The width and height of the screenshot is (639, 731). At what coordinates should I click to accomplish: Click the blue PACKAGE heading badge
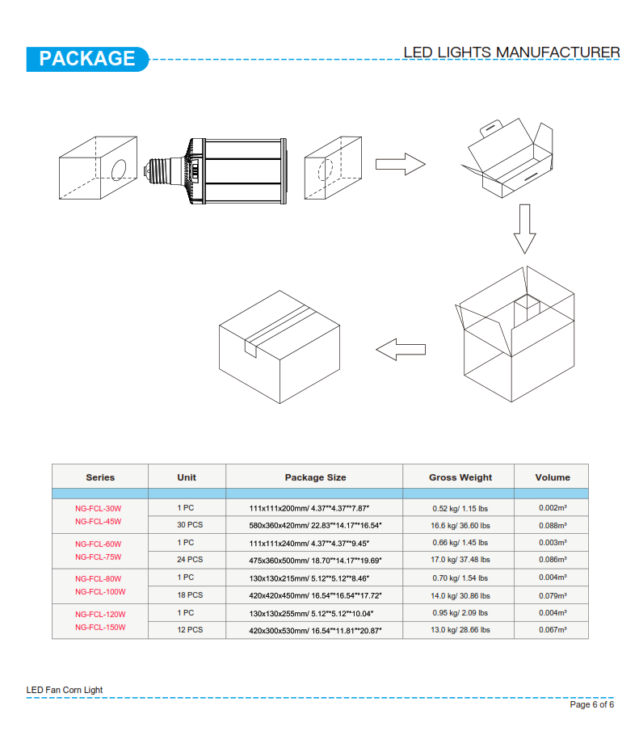(87, 59)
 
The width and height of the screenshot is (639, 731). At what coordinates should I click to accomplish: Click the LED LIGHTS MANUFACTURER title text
(511, 53)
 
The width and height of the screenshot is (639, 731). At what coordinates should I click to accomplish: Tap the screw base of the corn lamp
(158, 171)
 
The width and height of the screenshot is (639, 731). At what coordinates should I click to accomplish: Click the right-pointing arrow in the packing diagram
(401, 164)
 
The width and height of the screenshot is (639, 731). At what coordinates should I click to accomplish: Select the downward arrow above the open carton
(525, 229)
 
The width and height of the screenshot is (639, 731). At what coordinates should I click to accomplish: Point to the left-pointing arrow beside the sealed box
(401, 349)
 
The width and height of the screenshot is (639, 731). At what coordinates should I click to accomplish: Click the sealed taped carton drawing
(280, 347)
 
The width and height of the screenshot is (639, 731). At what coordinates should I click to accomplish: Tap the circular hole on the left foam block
(119, 170)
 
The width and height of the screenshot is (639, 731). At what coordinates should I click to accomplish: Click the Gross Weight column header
(460, 477)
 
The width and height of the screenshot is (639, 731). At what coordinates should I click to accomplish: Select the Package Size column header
(315, 477)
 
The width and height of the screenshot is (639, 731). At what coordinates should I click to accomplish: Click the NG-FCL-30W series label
(99, 509)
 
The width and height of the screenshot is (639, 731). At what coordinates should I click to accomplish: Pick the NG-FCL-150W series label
(100, 628)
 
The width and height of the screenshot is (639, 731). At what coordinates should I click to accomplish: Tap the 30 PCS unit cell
(190, 525)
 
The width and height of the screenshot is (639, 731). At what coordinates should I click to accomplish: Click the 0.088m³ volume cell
(553, 525)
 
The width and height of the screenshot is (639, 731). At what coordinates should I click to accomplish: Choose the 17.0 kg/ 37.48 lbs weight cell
(460, 560)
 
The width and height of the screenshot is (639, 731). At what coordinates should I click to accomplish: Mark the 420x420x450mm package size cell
(315, 596)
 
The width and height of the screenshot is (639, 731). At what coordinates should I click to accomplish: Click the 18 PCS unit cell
(190, 595)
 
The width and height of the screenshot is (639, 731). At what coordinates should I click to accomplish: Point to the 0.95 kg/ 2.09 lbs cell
(460, 613)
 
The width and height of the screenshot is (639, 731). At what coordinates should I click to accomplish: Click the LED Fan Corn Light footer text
(65, 690)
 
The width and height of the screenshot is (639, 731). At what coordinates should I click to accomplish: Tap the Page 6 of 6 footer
(592, 704)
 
